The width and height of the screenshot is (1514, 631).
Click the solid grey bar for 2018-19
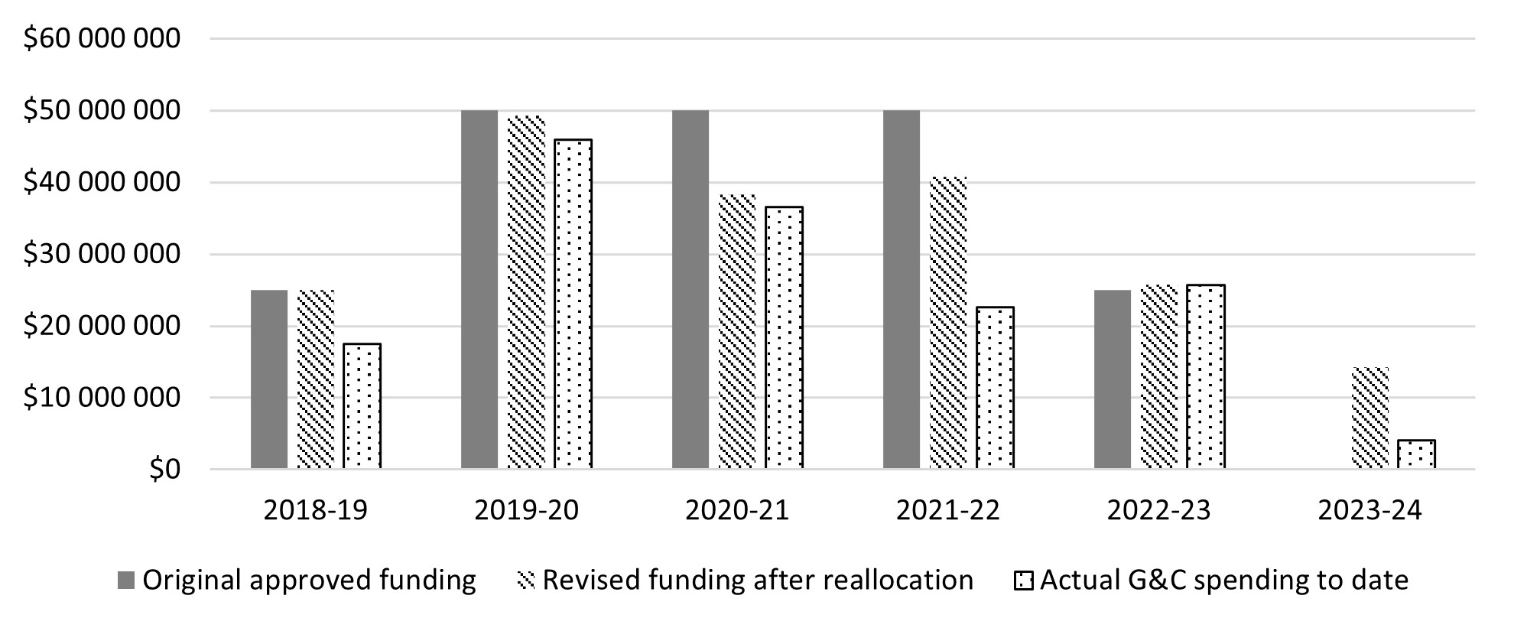(x=269, y=379)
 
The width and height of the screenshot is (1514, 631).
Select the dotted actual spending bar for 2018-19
(x=362, y=406)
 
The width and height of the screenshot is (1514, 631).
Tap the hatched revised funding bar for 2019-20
(x=526, y=292)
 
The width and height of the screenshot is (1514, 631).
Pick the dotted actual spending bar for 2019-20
(x=573, y=304)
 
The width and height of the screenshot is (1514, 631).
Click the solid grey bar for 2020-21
(x=690, y=289)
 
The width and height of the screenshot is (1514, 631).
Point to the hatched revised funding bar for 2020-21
(x=737, y=331)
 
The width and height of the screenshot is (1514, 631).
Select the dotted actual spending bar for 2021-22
(x=996, y=388)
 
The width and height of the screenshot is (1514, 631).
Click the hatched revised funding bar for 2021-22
(x=948, y=323)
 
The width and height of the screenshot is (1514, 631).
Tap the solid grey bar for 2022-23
(x=1113, y=379)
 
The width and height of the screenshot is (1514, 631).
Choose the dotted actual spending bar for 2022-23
(x=1206, y=376)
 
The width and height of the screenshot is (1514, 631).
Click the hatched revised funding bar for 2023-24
(x=1370, y=418)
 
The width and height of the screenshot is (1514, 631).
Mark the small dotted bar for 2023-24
(x=1417, y=454)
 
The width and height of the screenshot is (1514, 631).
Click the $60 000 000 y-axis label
(x=102, y=38)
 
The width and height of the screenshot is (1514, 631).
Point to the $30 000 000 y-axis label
(x=102, y=254)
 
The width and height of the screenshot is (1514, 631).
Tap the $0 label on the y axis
(x=164, y=470)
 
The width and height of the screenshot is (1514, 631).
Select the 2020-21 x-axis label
(x=737, y=510)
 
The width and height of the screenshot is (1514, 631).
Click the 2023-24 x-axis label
(x=1370, y=510)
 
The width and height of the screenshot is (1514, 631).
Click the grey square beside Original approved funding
(x=126, y=581)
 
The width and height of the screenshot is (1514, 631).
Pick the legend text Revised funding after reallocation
(x=757, y=581)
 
